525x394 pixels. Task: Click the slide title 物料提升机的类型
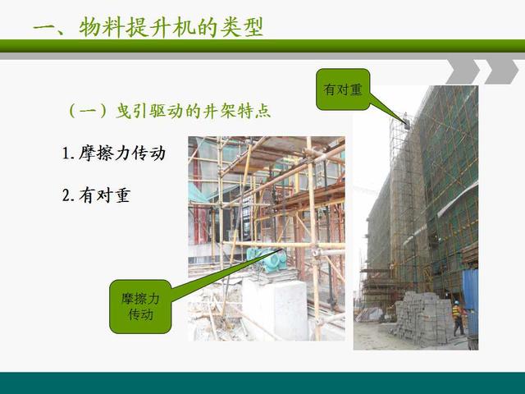point(171,27)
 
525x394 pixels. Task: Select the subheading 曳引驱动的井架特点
point(194,111)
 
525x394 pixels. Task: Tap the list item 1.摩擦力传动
point(114,153)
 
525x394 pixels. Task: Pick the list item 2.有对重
point(96,195)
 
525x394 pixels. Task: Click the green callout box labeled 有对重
point(343,89)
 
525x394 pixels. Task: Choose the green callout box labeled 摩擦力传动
point(140,306)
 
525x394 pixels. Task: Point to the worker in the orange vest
point(458,318)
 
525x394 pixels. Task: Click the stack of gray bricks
point(422,317)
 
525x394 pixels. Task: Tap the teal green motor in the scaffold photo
point(267,259)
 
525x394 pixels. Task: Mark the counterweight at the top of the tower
point(407,121)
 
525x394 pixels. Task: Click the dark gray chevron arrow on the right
point(463,71)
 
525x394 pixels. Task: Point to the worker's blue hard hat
point(456,302)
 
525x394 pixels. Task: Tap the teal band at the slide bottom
point(262,383)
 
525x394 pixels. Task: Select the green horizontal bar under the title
point(262,46)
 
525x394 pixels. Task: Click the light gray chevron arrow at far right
point(501,71)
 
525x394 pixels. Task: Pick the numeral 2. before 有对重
point(68,195)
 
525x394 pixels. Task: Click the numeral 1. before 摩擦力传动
point(68,153)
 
